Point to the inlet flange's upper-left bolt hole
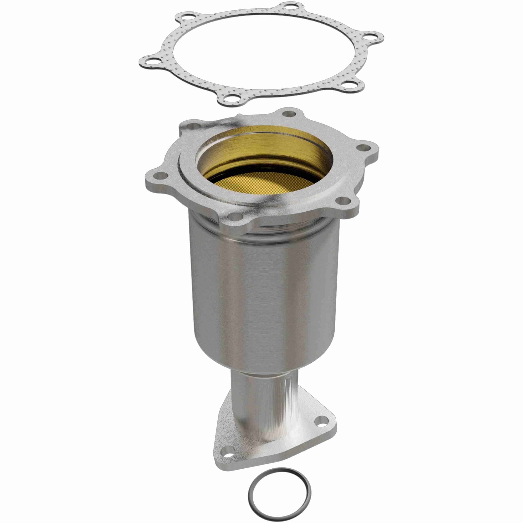coord(192,126)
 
